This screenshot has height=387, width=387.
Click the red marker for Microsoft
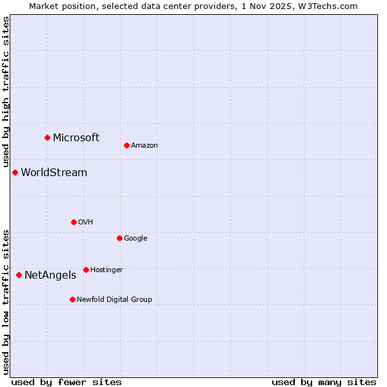tap(47, 137)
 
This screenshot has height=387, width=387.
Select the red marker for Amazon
tap(126, 145)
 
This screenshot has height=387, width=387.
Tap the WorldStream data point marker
tap(15, 172)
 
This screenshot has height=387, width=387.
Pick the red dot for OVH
tap(74, 222)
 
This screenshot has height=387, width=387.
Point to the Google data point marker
tap(119, 238)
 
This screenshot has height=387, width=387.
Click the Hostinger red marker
tap(86, 270)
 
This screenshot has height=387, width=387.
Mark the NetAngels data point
tap(19, 275)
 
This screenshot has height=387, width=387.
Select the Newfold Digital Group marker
tap(72, 299)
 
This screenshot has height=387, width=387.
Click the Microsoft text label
tap(76, 137)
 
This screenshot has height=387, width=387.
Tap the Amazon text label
tap(144, 145)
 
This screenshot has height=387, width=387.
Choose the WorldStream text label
tap(54, 172)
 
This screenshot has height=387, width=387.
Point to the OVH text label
tap(85, 222)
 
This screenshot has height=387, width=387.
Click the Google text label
tap(135, 238)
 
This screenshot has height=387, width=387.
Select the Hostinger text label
tap(106, 270)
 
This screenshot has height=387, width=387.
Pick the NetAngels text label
tap(50, 275)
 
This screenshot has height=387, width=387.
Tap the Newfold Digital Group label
tap(114, 299)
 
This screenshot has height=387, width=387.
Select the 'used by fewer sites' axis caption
tap(66, 382)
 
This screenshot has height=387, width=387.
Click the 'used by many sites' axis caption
tap(324, 382)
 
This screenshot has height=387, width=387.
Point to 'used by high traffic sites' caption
tap(6, 92)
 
